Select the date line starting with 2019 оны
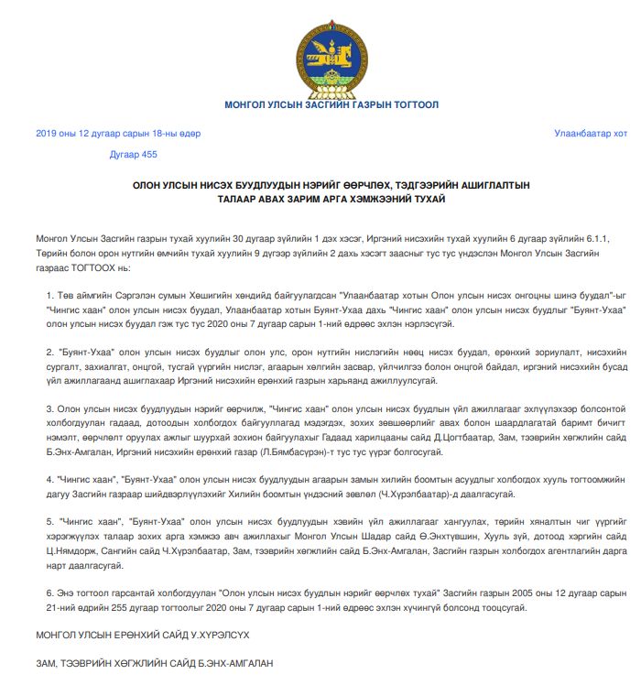118,133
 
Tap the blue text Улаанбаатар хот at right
591,133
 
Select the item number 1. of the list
49,298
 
